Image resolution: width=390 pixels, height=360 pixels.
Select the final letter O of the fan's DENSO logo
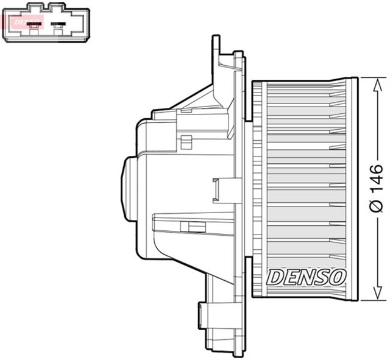pos(338,277)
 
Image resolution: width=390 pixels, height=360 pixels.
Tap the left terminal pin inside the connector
pos(35,25)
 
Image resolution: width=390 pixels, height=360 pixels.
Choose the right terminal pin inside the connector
pos(58,25)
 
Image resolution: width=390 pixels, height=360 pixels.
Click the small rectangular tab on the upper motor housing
pos(186,143)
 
